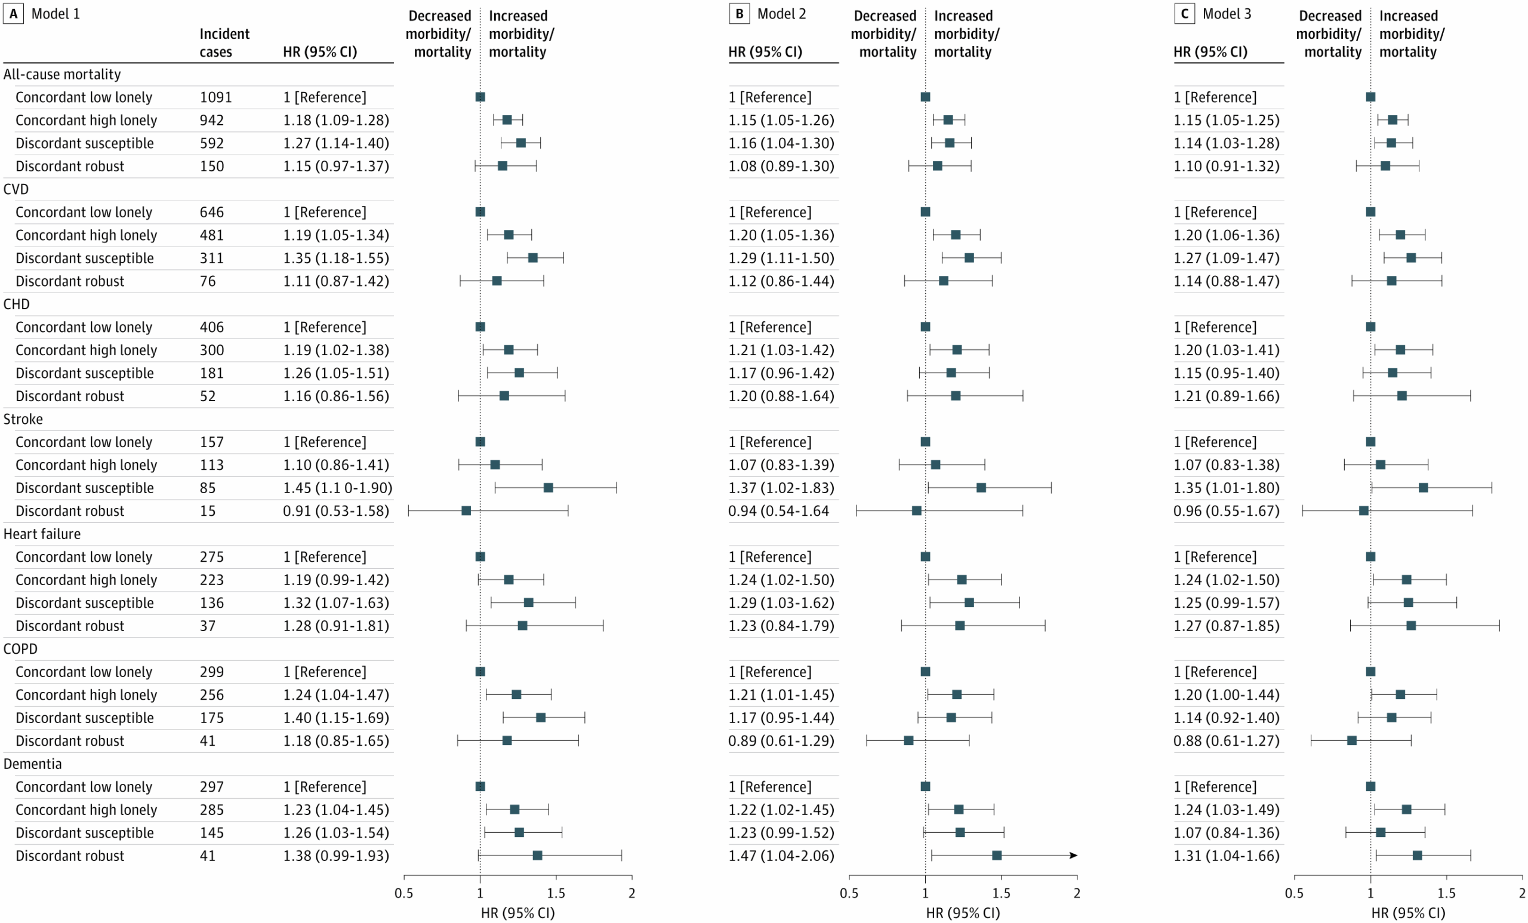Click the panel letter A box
coord(13,14)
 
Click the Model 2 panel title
coord(781,14)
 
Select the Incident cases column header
coord(224,42)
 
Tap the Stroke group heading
coord(23,419)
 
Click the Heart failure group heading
coord(42,534)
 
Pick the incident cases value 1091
coord(215,97)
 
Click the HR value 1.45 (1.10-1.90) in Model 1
coord(337,488)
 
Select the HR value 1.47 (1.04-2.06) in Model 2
coord(781,856)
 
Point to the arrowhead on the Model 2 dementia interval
coord(1073,856)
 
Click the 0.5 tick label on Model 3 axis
coord(1293,893)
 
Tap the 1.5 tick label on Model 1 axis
coord(556,893)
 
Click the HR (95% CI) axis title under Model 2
coord(962,912)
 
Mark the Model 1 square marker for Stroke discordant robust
coord(466,510)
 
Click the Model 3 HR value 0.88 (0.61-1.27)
coord(1226,741)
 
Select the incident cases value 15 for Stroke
coord(207,510)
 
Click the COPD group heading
coord(20,649)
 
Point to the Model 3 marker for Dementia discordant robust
coord(1417,856)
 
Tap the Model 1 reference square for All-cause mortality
coord(480,97)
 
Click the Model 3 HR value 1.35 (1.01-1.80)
coord(1226,488)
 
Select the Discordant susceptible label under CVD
coord(84,258)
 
